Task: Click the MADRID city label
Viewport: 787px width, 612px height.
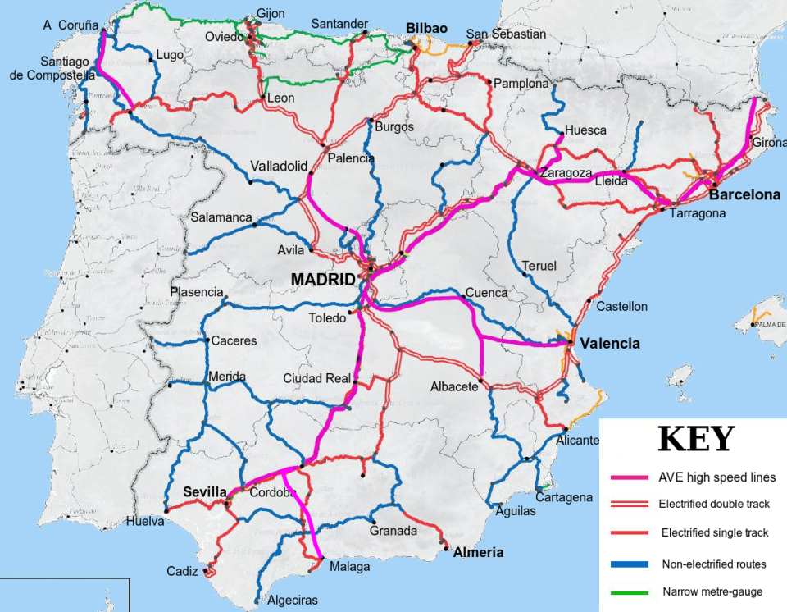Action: pyautogui.click(x=324, y=281)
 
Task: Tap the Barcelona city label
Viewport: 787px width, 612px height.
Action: pyautogui.click(x=744, y=195)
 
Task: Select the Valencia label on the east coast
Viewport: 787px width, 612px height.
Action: pyautogui.click(x=609, y=344)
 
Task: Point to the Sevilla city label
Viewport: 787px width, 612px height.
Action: pyautogui.click(x=204, y=491)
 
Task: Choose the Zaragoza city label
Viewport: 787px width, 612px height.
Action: pyautogui.click(x=565, y=173)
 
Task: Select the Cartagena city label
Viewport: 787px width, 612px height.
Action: pyautogui.click(x=564, y=497)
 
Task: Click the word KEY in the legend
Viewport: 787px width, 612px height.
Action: pyautogui.click(x=696, y=440)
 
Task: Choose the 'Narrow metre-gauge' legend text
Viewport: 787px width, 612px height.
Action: pyautogui.click(x=712, y=592)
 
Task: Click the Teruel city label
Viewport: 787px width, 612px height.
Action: pyautogui.click(x=539, y=266)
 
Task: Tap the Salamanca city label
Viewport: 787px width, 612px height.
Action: pyautogui.click(x=221, y=217)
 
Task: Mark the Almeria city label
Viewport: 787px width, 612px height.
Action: pyautogui.click(x=479, y=552)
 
